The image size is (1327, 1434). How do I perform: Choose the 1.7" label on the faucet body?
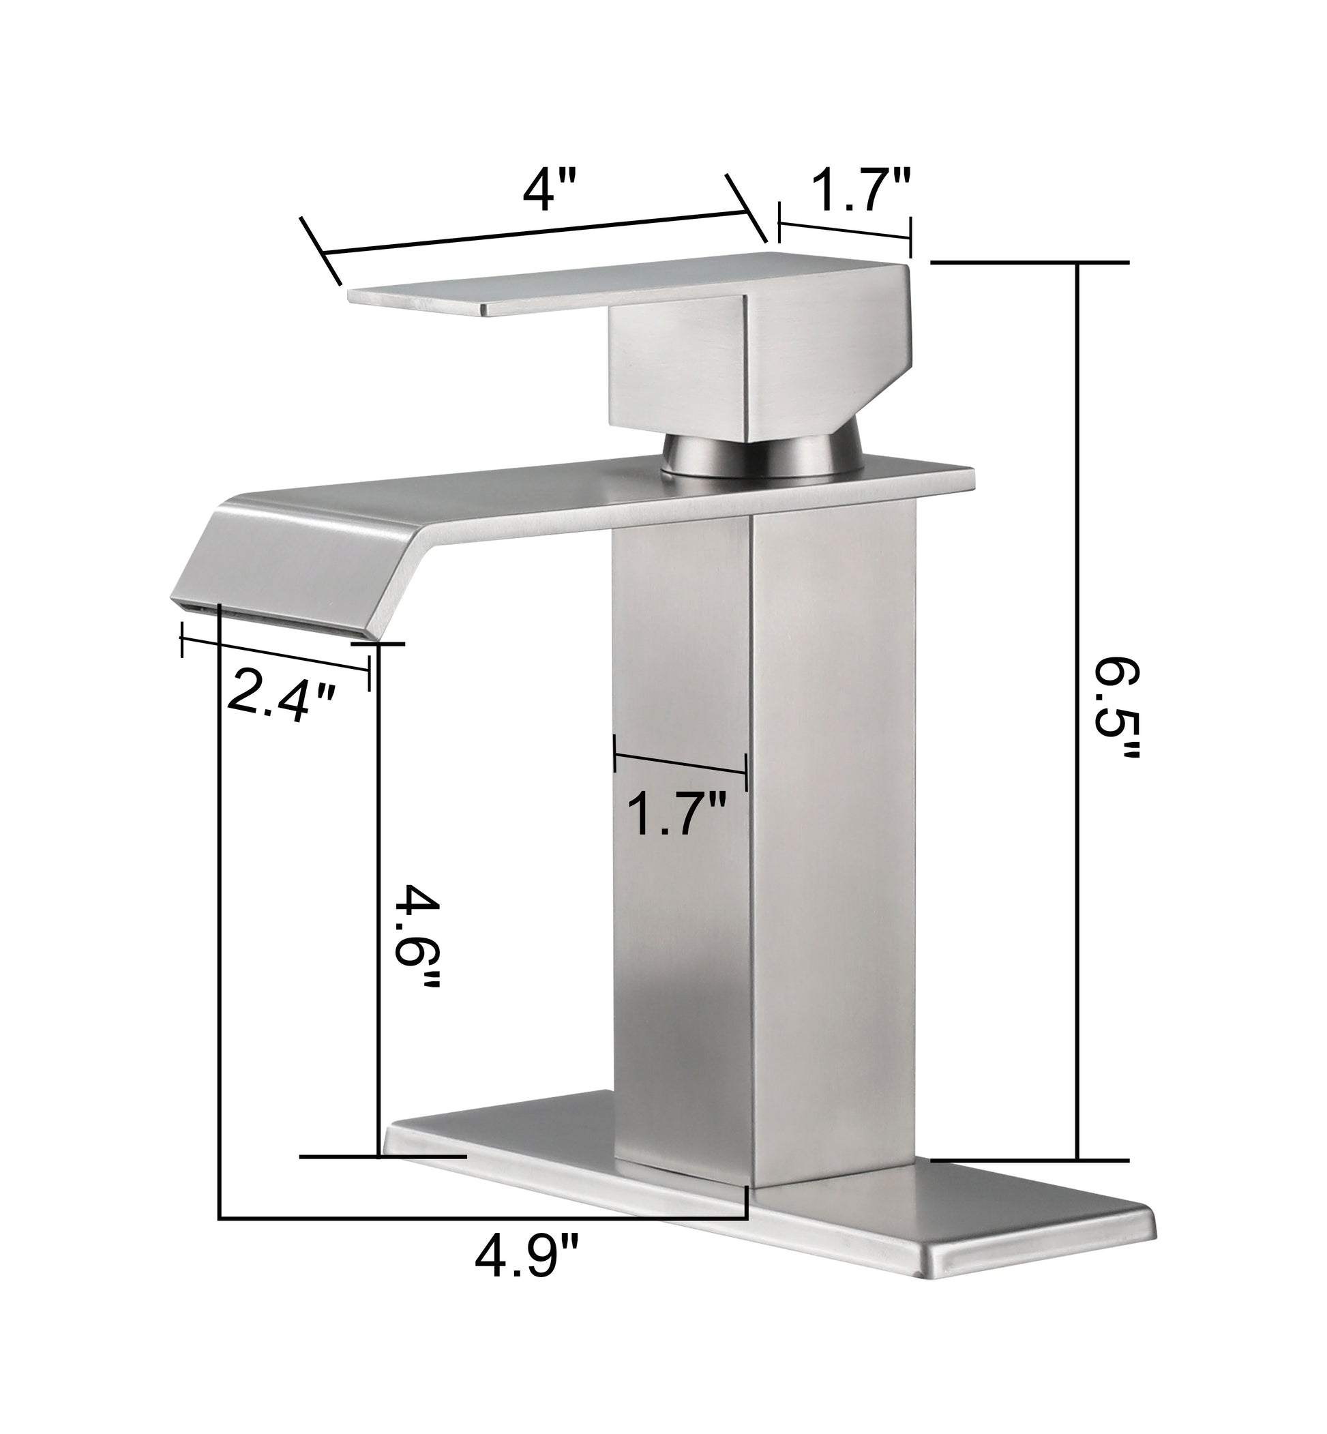pyautogui.click(x=677, y=813)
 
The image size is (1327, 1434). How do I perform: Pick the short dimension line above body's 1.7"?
pyautogui.click(x=680, y=764)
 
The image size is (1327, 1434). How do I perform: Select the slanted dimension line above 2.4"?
pyautogui.click(x=275, y=655)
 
